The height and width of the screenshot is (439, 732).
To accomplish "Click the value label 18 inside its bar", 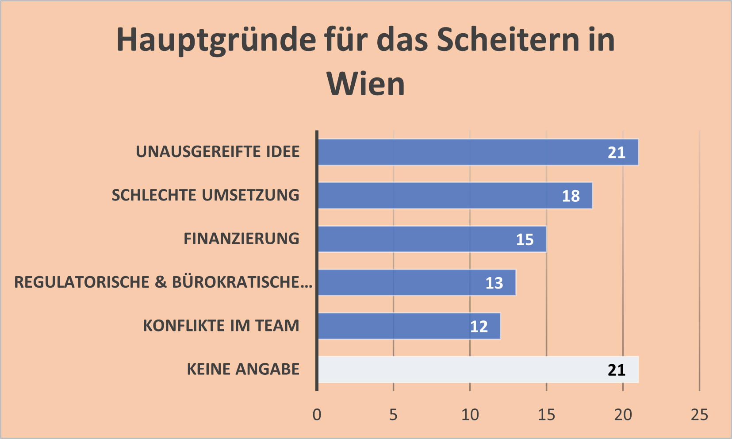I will coord(571,196).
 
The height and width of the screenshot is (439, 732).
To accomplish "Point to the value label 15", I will coord(525,239).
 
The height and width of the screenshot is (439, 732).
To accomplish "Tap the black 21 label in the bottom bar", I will coord(616,370).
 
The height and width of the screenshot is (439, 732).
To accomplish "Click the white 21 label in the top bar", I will coord(616,153).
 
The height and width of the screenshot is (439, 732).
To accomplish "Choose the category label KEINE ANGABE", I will coord(243,369).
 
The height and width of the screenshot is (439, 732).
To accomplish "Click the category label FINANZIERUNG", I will coord(241,239).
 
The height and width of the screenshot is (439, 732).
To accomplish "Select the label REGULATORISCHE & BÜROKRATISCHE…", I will coord(163,282).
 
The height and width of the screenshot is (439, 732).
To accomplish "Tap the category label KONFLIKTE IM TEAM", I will coord(221,326).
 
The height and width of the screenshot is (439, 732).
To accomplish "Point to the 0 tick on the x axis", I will coord(317,415).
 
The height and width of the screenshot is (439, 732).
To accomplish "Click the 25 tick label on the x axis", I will coord(699,415).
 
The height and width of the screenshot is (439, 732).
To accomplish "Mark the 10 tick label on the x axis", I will coord(470,415).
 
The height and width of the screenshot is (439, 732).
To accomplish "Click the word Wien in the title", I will coord(365,84).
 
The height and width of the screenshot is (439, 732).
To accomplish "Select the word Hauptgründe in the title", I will coord(216,40).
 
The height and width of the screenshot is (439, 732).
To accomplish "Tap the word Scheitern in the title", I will coord(508,40).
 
